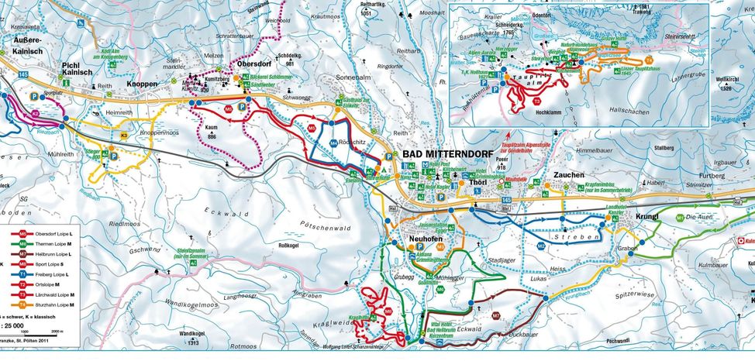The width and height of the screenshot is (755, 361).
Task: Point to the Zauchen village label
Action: (568, 176)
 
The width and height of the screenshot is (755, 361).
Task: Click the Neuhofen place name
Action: (425, 239)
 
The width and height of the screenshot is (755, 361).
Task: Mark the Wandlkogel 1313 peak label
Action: (191, 337)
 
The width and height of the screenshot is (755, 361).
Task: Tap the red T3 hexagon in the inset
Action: (536, 101)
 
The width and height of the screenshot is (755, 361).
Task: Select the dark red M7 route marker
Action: (496, 315)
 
